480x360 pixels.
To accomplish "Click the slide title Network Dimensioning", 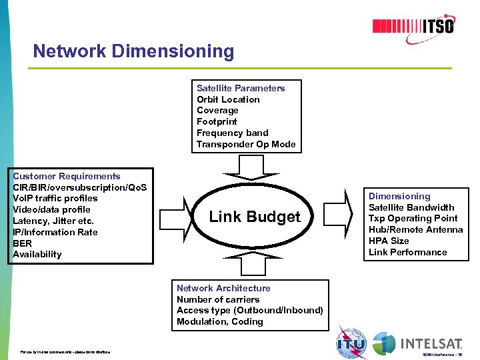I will click(133, 51).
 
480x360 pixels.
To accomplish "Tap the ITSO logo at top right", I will click(413, 26).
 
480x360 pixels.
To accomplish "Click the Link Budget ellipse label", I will click(255, 217).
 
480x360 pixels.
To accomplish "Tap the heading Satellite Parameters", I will click(241, 88).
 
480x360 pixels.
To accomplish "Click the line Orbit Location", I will click(228, 99).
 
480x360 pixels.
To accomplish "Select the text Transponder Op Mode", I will click(246, 144).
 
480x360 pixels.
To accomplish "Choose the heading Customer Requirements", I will click(67, 176).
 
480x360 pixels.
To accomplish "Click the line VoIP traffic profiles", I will click(55, 198).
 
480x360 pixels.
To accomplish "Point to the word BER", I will click(22, 243).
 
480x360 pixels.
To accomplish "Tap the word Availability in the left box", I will click(37, 254).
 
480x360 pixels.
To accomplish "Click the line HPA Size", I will click(389, 241).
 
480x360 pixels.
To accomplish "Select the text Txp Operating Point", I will click(413, 218).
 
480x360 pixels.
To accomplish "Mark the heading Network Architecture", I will click(223, 288).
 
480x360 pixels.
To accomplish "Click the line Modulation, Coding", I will click(220, 321).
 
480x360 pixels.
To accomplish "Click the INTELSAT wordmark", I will click(431, 343).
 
